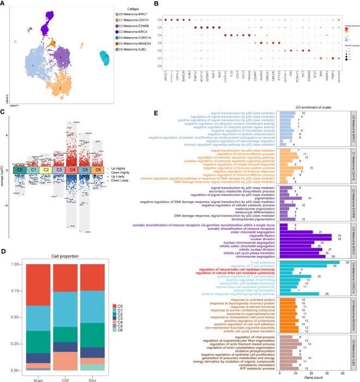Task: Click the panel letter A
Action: [3, 4]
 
